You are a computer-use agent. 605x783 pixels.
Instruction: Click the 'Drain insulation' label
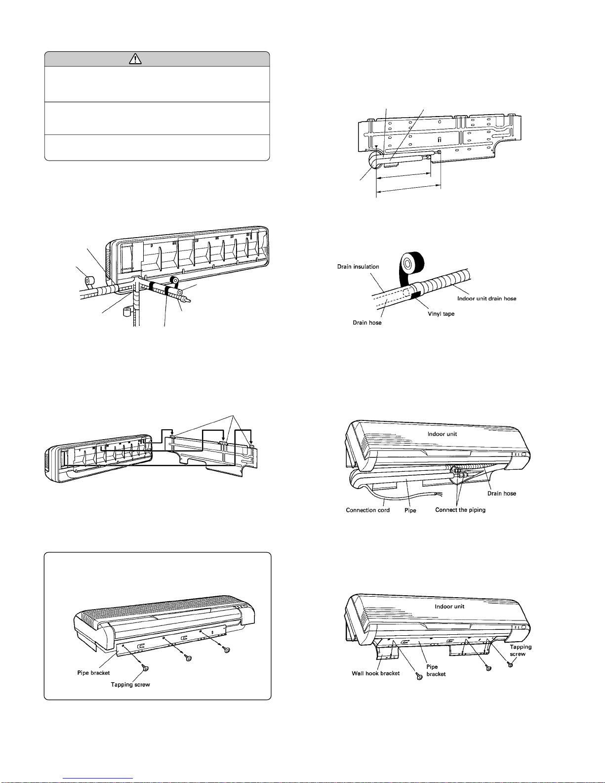pos(358,267)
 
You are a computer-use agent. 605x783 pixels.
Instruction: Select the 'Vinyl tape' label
pos(441,314)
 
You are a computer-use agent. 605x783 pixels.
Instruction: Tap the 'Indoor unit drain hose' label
pos(486,298)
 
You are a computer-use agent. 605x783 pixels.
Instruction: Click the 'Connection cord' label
pos(367,510)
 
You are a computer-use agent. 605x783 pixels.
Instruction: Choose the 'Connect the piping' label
pos(460,510)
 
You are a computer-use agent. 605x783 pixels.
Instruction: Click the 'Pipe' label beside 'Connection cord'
pos(410,510)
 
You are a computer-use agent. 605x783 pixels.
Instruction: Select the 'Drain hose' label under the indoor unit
pos(502,493)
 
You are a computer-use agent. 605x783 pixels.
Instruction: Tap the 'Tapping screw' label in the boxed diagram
pos(130,684)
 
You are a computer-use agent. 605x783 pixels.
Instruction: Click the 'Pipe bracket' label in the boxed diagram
pos(93,673)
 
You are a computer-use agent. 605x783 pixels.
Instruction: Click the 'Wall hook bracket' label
pos(375,673)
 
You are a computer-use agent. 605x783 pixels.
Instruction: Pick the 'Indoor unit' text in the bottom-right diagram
pos(449,606)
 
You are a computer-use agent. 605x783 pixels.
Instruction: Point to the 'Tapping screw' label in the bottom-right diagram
pos(521,650)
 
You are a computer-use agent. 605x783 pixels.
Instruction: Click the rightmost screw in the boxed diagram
pos(226,650)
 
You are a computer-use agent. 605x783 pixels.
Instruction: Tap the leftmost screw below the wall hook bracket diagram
pos(419,677)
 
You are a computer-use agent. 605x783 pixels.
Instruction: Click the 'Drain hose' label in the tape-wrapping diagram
pos(367,323)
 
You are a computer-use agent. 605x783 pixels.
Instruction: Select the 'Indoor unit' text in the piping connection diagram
pos(442,434)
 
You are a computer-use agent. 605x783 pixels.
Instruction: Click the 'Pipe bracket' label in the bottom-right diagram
pos(436,670)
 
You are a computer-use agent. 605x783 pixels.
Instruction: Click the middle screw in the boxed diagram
pos(188,658)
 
